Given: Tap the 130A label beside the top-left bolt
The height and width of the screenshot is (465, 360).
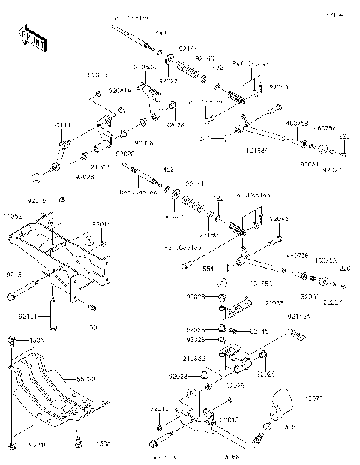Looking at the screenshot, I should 36,340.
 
